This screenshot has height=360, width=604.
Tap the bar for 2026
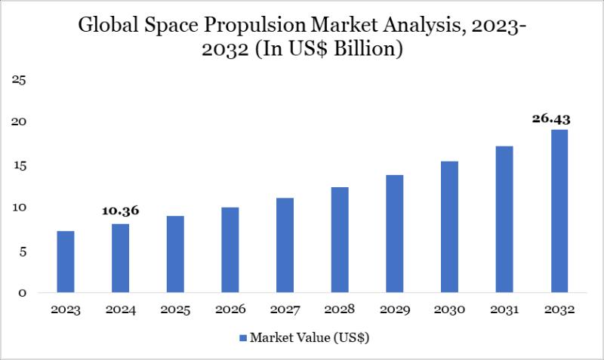click(x=230, y=250)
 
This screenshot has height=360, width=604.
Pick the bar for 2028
click(x=340, y=239)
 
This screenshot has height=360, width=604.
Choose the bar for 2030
click(x=449, y=226)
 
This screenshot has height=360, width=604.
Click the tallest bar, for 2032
click(x=559, y=211)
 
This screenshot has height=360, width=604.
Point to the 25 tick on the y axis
click(x=20, y=80)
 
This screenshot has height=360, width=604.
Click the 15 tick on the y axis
click(x=20, y=165)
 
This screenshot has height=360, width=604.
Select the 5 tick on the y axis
click(x=23, y=251)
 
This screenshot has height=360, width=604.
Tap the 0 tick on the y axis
click(x=23, y=293)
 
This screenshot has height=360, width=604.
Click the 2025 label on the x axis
click(x=175, y=310)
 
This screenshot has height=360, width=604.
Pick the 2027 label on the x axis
click(x=285, y=310)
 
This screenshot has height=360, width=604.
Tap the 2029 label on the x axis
click(x=394, y=310)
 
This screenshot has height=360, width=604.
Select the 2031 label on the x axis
click(x=504, y=310)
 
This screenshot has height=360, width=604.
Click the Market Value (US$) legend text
click(x=310, y=337)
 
